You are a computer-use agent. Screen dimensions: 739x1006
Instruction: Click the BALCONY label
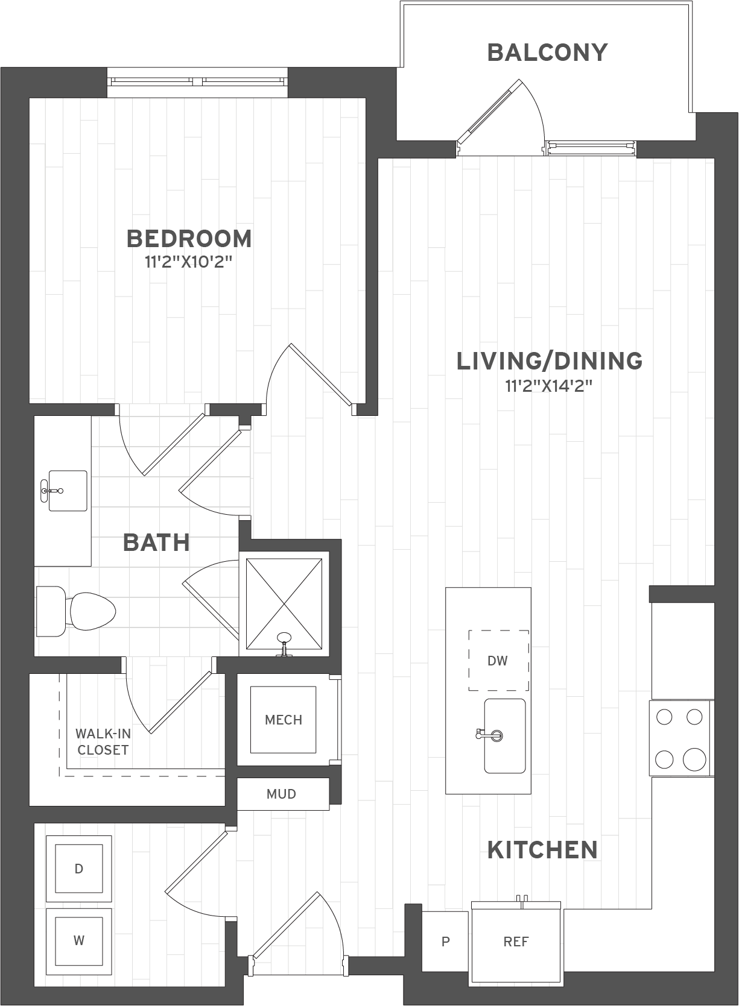[548, 52]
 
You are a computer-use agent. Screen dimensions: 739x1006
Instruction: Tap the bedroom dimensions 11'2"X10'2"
[189, 262]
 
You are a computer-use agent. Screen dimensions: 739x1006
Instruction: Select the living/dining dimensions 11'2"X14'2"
[549, 386]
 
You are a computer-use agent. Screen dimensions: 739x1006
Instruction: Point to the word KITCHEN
[542, 850]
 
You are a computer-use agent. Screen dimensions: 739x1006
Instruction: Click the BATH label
[156, 542]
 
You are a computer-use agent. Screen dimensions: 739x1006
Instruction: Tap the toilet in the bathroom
[75, 611]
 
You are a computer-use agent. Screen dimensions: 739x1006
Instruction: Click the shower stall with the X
[284, 603]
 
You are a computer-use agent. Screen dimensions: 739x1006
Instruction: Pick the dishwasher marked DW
[498, 660]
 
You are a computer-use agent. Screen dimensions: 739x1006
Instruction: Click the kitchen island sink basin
[505, 735]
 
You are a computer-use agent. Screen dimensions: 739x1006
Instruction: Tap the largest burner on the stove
[694, 759]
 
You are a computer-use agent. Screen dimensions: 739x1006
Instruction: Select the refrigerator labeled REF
[516, 942]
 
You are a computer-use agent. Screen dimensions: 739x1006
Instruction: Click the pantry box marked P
[445, 942]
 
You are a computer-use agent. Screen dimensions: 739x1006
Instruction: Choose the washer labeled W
[78, 940]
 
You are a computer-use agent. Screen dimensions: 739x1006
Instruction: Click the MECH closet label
[283, 720]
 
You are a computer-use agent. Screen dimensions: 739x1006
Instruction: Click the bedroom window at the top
[197, 82]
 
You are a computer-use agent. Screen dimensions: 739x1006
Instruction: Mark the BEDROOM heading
[189, 239]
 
